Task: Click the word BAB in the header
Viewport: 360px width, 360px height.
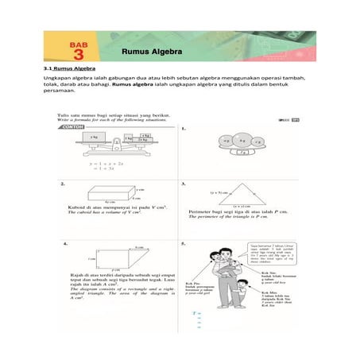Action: [78, 43]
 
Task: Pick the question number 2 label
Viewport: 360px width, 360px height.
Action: [63, 184]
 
